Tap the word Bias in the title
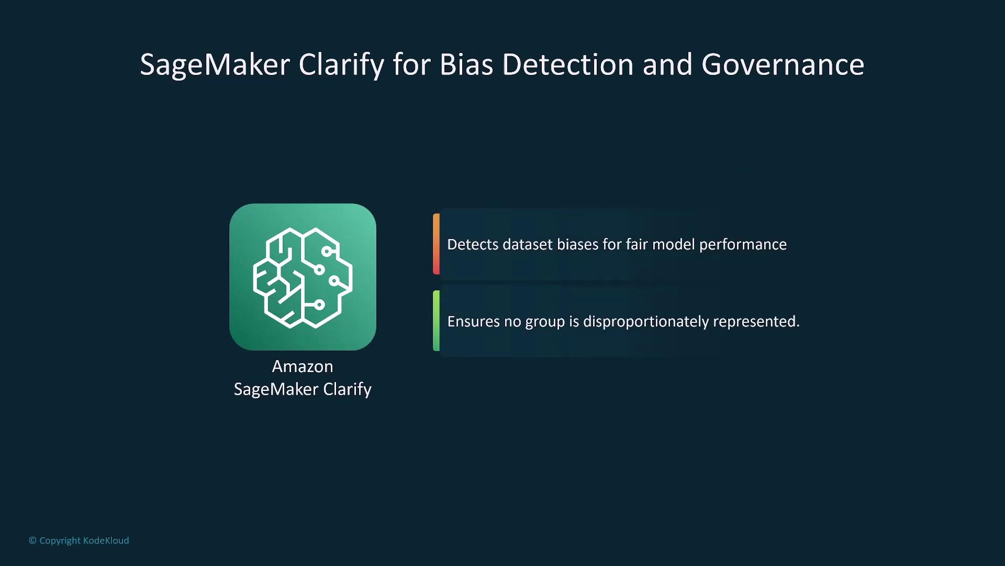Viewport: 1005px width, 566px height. [466, 64]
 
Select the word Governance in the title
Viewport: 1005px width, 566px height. [783, 64]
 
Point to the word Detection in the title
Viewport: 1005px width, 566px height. [568, 64]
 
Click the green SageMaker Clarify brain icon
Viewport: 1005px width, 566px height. [303, 277]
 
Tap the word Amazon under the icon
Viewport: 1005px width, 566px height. [303, 366]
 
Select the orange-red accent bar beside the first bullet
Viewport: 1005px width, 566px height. [436, 244]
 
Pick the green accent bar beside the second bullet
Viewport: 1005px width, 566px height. [436, 321]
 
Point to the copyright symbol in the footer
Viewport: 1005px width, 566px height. [32, 540]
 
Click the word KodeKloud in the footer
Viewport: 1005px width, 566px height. [106, 540]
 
